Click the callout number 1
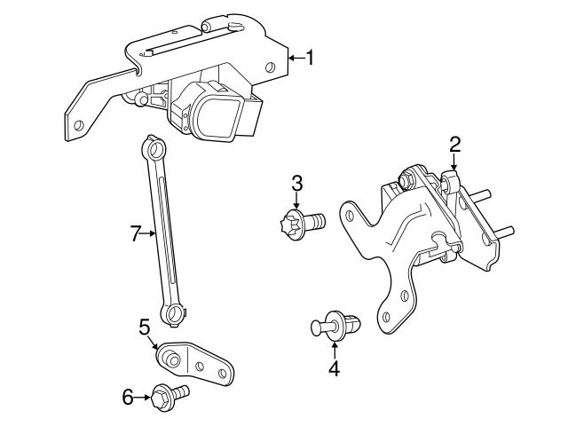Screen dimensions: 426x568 pyautogui.click(x=309, y=59)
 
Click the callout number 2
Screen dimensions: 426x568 pyautogui.click(x=454, y=143)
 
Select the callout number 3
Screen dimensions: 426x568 pyautogui.click(x=297, y=183)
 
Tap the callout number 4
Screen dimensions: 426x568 pyautogui.click(x=334, y=367)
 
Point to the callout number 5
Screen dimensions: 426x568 pyautogui.click(x=145, y=327)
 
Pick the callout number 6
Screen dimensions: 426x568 pyautogui.click(x=129, y=397)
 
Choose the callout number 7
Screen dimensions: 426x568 pyautogui.click(x=136, y=234)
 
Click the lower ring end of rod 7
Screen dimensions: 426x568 pyautogui.click(x=174, y=312)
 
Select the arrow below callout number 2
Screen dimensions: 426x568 pyautogui.click(x=454, y=162)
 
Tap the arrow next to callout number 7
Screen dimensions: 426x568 pyautogui.click(x=152, y=234)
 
